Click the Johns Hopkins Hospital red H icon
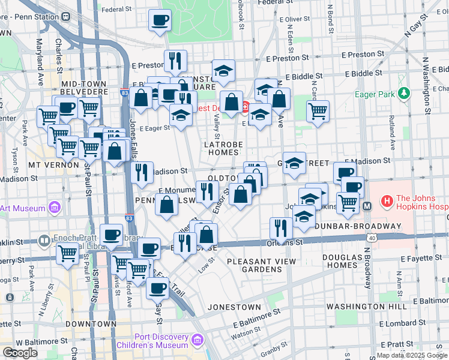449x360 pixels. point(387,200)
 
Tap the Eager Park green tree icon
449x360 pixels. point(404,94)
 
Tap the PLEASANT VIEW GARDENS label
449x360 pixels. point(261,265)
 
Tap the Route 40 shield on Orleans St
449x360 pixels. point(373,238)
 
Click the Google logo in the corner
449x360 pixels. point(20,353)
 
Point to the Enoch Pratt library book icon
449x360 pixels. point(44,241)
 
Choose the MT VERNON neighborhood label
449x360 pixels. point(53,164)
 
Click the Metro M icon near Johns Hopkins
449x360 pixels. point(367,206)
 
